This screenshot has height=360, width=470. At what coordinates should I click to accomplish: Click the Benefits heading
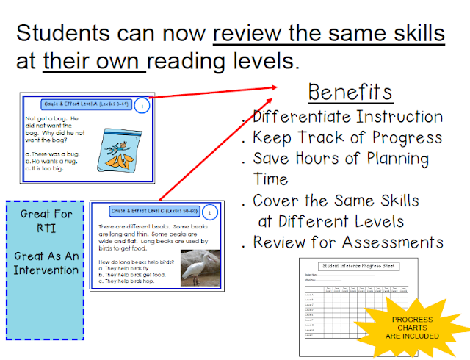[x=350, y=93]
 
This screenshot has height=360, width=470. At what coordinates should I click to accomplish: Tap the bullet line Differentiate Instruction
[x=347, y=117]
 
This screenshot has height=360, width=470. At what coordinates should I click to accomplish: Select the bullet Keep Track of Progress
[x=347, y=137]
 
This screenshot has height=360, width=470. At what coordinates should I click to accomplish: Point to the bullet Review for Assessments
[x=347, y=242]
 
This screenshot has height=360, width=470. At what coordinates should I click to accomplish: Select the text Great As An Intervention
[x=46, y=262]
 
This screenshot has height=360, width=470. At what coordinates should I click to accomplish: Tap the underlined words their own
[x=93, y=61]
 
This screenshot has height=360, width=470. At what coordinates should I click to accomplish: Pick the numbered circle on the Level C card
[x=209, y=212]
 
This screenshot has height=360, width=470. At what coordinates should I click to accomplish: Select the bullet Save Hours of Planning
[x=340, y=158]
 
